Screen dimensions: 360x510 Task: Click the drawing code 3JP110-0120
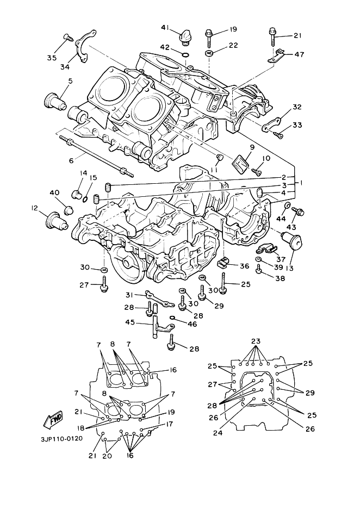pyautogui.click(x=62, y=438)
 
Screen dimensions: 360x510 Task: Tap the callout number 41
pyautogui.click(x=165, y=28)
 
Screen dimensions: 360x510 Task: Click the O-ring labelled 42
pyautogui.click(x=185, y=54)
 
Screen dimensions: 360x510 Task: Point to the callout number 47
pyautogui.click(x=299, y=54)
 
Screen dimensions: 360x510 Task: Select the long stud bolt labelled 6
pyautogui.click(x=97, y=157)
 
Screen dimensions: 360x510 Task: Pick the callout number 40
pyautogui.click(x=54, y=192)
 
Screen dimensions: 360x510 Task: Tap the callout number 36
pyautogui.click(x=244, y=266)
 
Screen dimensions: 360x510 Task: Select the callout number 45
pyautogui.click(x=130, y=322)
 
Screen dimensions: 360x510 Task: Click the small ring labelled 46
pyautogui.click(x=172, y=318)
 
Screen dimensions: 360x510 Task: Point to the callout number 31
pyautogui.click(x=131, y=295)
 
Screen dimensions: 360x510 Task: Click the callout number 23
pyautogui.click(x=256, y=341)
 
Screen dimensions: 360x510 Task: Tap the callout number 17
pyautogui.click(x=169, y=424)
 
